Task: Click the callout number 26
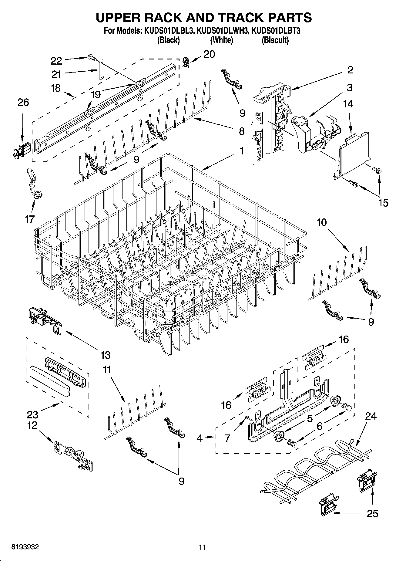pyautogui.click(x=23, y=103)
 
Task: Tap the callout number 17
pyautogui.click(x=29, y=219)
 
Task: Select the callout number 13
pyautogui.click(x=105, y=355)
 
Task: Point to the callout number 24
pyautogui.click(x=371, y=416)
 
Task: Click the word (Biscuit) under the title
pyautogui.click(x=275, y=40)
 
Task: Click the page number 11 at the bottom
pyautogui.click(x=202, y=547)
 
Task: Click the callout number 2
pyautogui.click(x=350, y=70)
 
